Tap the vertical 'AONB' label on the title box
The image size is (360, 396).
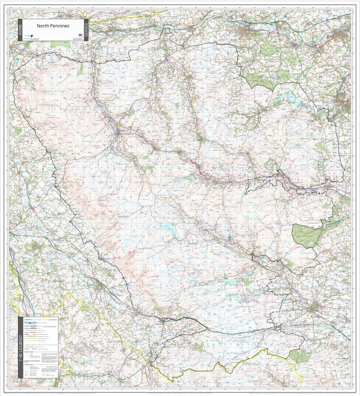click(19, 30)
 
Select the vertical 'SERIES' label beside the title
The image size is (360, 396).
click(86, 30)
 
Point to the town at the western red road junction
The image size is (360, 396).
click(117, 133)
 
